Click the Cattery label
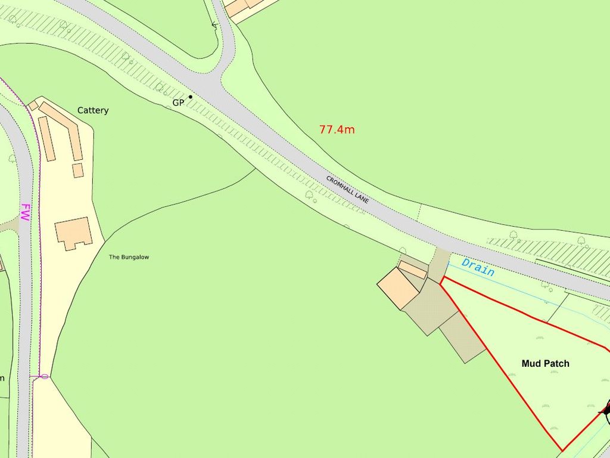93,110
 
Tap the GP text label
178,103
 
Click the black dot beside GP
191,97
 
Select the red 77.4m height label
337,129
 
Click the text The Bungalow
129,257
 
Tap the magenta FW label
25,213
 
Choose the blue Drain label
478,267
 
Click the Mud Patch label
545,363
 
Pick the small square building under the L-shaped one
77,170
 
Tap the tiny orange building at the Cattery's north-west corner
33,106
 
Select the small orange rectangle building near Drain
412,270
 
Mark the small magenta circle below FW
45,376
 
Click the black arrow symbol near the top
214,25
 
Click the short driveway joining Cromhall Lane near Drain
439,264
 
